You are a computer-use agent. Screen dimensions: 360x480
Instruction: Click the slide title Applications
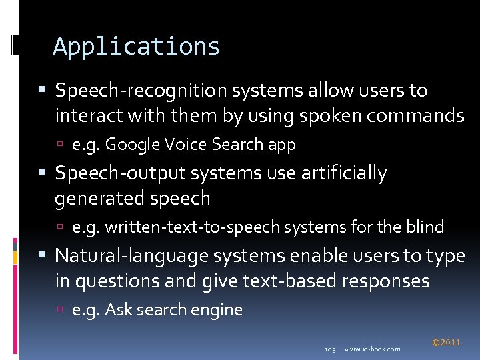pos(137,47)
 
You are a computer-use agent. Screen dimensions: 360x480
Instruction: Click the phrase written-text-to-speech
pos(193,227)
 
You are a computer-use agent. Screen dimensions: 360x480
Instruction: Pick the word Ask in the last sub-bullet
pos(119,310)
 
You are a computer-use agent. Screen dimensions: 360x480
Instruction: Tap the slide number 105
pos(329,349)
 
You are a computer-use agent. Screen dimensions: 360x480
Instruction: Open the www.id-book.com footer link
pos(373,349)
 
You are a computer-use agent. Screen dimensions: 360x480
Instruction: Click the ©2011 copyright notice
pos(446,343)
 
